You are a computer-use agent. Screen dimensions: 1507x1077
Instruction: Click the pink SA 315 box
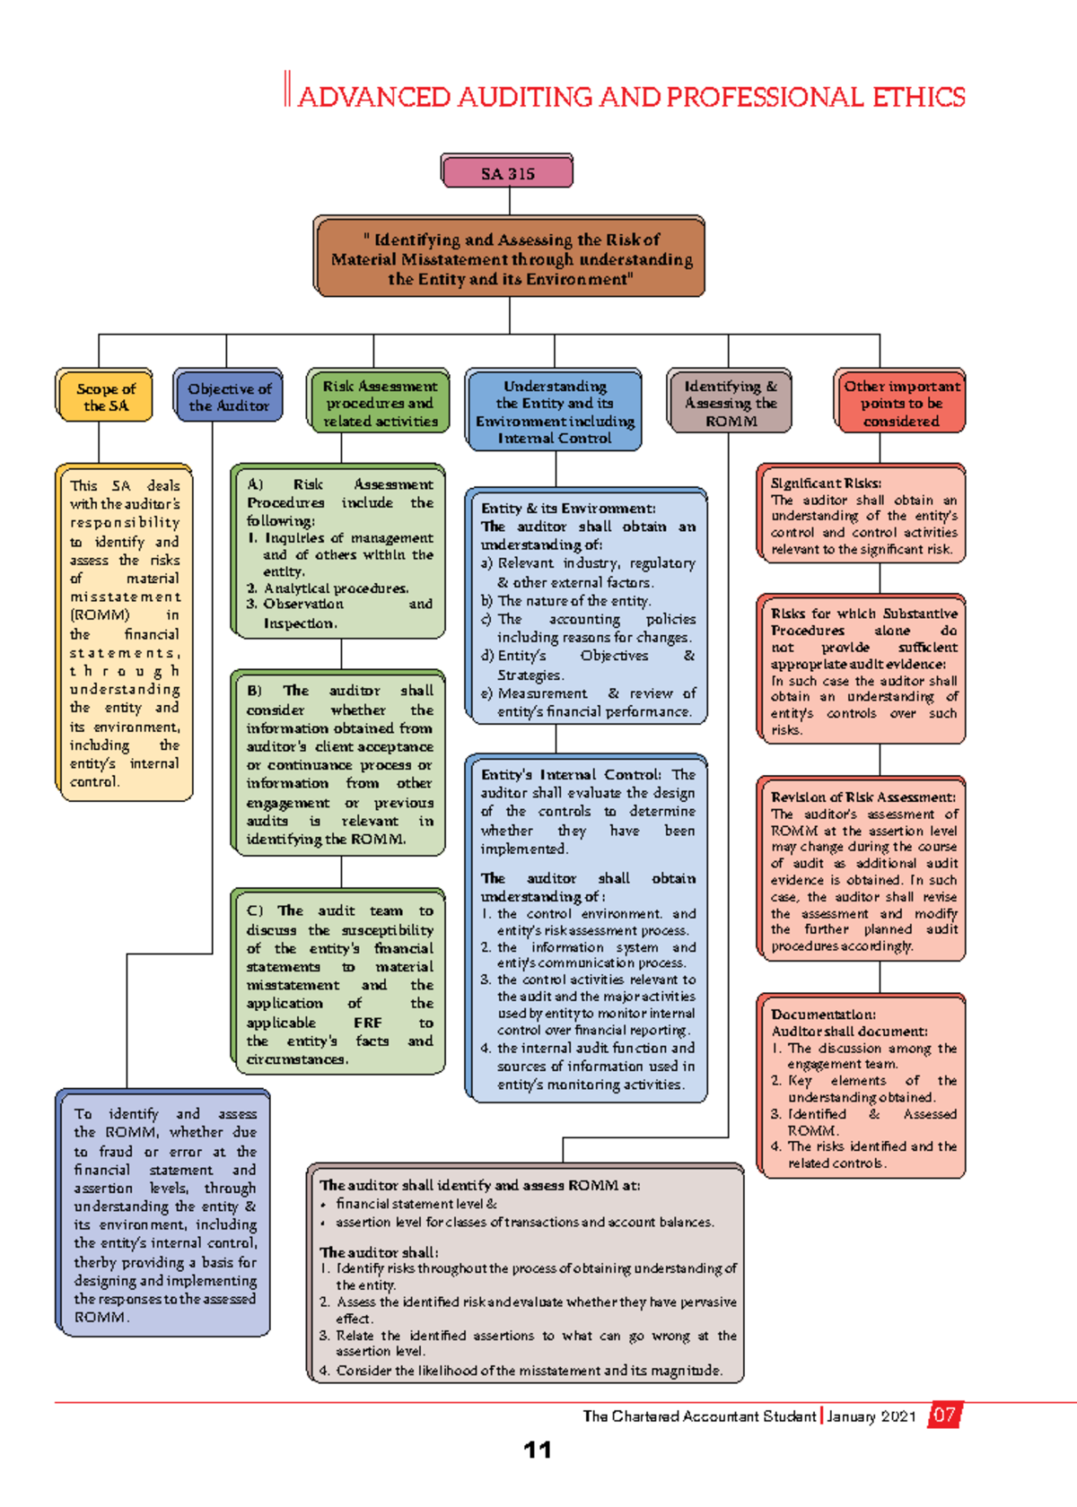(x=507, y=172)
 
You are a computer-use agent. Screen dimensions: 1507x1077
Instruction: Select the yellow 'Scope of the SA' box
(x=105, y=396)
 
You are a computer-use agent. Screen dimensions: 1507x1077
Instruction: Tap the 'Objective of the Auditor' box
(x=228, y=396)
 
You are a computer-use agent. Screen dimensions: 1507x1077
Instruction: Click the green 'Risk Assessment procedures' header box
(x=380, y=403)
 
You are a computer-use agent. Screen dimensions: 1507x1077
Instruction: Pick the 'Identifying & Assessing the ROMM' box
(x=731, y=403)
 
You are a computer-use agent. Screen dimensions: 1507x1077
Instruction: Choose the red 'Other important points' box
(x=900, y=403)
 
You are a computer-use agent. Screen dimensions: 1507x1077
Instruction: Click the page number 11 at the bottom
(x=537, y=1450)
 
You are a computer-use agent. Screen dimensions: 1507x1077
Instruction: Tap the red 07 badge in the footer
(x=943, y=1416)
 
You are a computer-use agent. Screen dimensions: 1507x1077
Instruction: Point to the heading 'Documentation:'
(x=823, y=1015)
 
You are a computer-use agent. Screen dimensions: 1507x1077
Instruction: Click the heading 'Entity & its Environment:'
(x=568, y=508)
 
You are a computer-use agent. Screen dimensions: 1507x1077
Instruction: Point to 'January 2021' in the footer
(x=871, y=1416)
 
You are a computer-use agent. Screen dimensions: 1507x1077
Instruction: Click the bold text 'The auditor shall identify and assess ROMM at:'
(x=480, y=1185)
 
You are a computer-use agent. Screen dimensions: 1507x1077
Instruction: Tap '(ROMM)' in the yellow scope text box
(x=100, y=615)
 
